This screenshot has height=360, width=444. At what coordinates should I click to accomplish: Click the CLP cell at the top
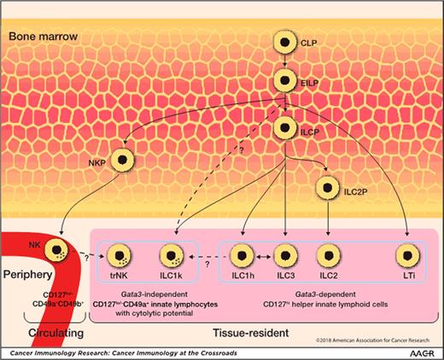tap(283, 41)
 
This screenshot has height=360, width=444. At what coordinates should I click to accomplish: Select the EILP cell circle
tap(283, 83)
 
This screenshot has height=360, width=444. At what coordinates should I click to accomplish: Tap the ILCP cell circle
tap(283, 129)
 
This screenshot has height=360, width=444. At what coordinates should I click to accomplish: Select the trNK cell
tap(115, 254)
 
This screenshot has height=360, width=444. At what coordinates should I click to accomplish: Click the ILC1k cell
tap(173, 254)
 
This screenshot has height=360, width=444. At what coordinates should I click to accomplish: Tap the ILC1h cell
tap(243, 254)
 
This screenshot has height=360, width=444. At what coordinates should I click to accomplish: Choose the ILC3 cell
tap(283, 254)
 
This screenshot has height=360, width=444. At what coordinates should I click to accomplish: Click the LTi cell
tap(406, 254)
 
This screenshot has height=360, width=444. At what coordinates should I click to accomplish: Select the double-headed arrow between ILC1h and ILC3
tap(263, 254)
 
